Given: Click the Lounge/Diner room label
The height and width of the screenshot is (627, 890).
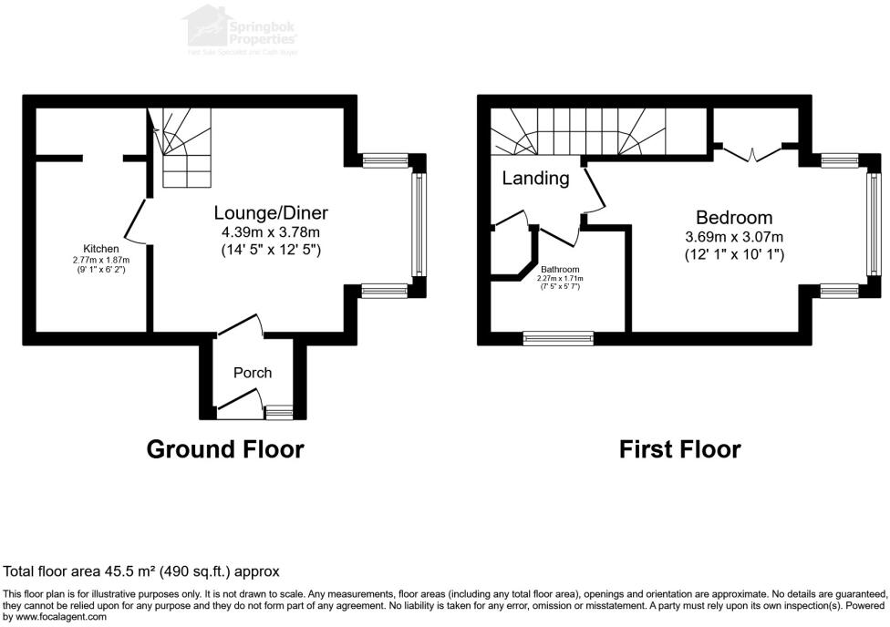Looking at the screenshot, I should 271,213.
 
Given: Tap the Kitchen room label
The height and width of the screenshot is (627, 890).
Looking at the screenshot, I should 100,249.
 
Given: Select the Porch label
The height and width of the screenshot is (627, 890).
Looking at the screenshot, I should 253,372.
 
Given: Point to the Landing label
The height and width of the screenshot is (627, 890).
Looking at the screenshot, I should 535,179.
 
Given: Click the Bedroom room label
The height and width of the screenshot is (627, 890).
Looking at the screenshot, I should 734,218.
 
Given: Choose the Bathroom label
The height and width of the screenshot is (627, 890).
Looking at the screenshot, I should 560,270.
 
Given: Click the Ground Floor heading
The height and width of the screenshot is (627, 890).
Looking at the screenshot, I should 225,449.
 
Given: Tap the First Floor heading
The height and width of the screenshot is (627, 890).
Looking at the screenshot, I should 679,449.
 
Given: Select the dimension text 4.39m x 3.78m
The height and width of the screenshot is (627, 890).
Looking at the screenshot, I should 271,231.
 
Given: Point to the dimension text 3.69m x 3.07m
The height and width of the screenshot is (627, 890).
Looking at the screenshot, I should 734,237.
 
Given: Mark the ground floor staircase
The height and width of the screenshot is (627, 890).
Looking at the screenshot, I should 185,146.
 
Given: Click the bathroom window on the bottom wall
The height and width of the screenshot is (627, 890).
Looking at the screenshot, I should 558,338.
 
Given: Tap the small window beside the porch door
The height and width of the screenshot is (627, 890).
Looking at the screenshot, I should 278,413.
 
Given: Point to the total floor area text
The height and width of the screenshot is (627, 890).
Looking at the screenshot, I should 141,571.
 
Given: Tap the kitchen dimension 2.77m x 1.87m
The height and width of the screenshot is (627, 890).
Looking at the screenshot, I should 100,260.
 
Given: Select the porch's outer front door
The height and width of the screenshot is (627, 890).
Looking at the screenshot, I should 239,401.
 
